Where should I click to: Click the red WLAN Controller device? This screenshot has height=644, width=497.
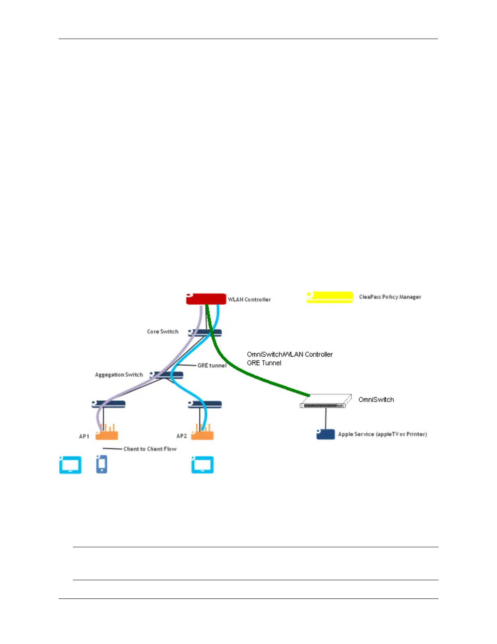[206, 299]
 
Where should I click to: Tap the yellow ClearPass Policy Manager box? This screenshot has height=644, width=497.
[329, 297]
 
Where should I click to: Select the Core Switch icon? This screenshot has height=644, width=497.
[205, 333]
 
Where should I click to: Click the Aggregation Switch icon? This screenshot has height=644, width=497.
[166, 375]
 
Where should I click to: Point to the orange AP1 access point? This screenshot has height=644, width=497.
[107, 434]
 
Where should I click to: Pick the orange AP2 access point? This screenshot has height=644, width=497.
[202, 434]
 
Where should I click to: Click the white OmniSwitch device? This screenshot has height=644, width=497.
[326, 401]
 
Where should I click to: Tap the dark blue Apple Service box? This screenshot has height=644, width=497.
[326, 434]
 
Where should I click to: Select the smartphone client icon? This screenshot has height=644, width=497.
[102, 464]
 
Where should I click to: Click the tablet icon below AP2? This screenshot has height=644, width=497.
[202, 465]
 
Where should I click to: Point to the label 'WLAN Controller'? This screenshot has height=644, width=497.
[249, 300]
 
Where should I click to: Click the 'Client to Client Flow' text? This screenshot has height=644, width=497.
[150, 449]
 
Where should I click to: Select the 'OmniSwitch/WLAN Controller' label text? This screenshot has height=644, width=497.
[290, 355]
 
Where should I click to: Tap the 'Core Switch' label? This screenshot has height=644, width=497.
[162, 332]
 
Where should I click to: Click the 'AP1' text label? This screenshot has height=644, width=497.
[84, 436]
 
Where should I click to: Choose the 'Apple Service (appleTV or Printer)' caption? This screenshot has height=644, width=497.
[382, 434]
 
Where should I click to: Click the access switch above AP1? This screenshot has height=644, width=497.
[108, 404]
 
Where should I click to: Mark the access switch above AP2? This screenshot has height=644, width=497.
[205, 404]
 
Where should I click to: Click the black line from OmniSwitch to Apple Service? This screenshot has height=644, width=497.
[326, 419]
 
